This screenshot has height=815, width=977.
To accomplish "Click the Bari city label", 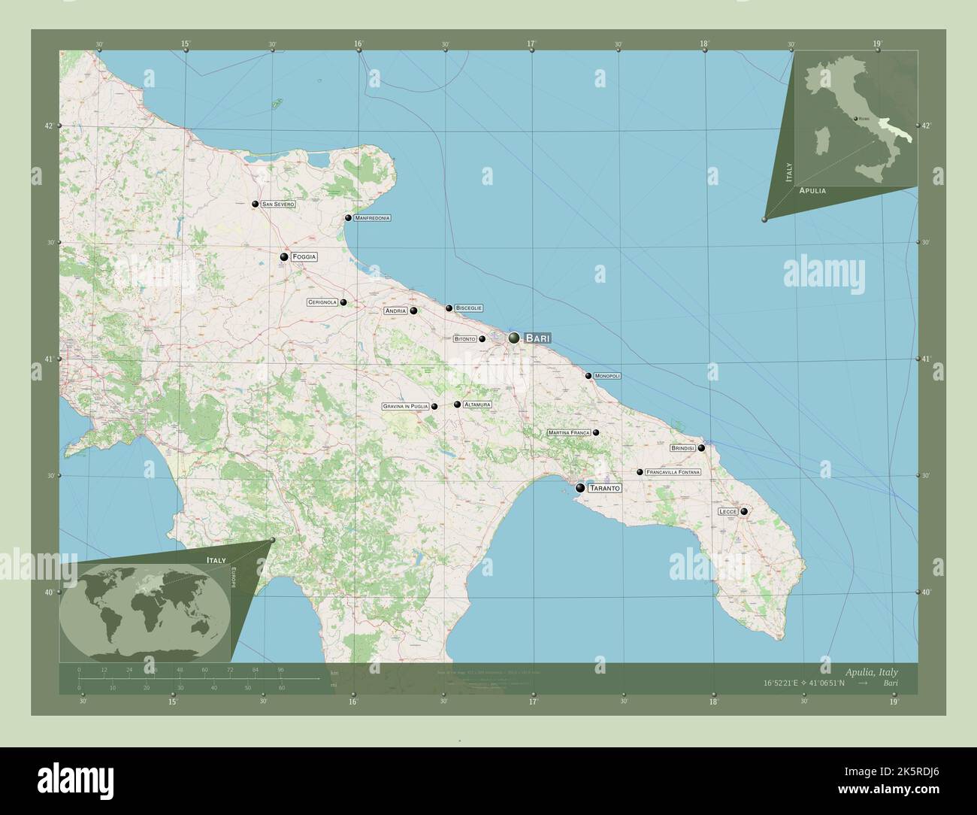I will point(537,338).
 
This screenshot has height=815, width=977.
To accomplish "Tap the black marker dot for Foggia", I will point(284,257).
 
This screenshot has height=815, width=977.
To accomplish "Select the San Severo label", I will point(278,205).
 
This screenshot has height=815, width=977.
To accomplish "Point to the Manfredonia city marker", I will point(348,218).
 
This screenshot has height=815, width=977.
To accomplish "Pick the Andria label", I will point(395,311).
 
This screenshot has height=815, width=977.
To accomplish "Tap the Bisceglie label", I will point(468,308).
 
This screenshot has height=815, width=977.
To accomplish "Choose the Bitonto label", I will point(464,339).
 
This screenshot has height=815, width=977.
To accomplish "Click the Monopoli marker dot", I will point(588,376).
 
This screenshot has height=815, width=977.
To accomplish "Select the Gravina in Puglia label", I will point(405,407).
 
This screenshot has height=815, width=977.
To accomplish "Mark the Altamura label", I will point(477,404).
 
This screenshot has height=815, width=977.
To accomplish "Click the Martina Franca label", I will point(569,433).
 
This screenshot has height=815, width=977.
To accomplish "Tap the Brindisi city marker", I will point(701,448).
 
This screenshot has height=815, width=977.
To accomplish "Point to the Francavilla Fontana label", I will point(673,472).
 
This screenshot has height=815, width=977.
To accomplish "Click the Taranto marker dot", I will point(580,488).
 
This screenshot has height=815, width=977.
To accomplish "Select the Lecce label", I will point(727,512).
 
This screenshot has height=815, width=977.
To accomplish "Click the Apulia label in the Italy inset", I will point(812,191).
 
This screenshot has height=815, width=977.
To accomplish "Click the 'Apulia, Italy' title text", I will point(870,671).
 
